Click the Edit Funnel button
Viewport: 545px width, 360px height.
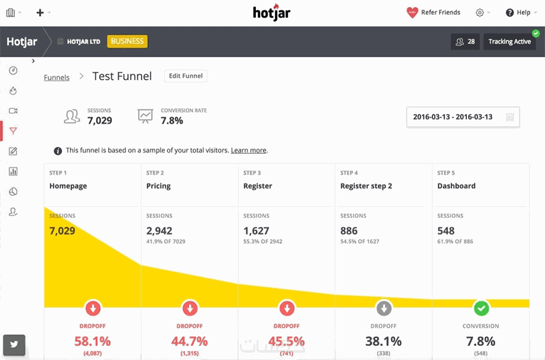[x=186, y=76]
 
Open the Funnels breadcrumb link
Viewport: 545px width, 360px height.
[x=57, y=78]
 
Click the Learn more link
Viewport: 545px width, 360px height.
[x=249, y=150]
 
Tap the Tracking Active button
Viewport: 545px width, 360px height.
[x=509, y=42]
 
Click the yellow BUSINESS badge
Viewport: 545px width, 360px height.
[x=127, y=42]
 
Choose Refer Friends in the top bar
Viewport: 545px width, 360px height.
[x=433, y=12]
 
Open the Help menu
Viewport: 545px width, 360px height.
[x=518, y=12]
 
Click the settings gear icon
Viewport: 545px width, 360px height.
[x=480, y=12]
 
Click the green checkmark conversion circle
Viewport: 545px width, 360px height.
[x=481, y=308]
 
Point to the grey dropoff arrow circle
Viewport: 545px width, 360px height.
[x=384, y=308]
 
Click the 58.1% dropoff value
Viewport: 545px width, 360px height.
[x=92, y=341]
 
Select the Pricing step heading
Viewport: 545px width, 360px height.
[x=159, y=186]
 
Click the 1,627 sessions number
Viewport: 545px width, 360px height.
[x=256, y=231]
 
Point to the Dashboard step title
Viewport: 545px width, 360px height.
[x=456, y=186]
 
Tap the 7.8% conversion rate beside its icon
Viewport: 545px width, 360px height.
[x=172, y=121]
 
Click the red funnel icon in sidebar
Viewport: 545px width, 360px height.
[x=13, y=130]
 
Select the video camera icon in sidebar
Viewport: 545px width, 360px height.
[x=13, y=111]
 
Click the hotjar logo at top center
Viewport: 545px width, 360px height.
[x=271, y=13]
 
